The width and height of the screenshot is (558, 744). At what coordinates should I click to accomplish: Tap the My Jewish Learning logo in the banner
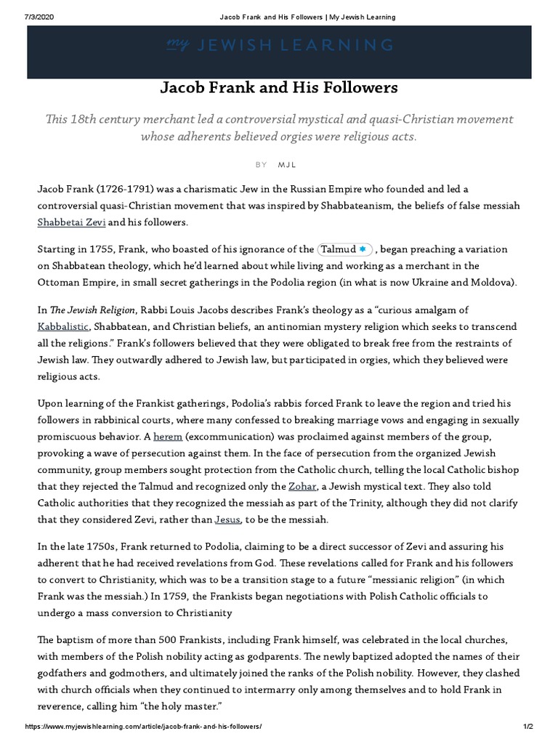coord(279,46)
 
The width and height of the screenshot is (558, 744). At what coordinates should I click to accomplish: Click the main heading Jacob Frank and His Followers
coord(279,88)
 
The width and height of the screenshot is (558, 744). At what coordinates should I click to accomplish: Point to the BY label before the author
coord(262,165)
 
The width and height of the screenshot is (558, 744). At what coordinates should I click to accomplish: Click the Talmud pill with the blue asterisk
coord(345,249)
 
